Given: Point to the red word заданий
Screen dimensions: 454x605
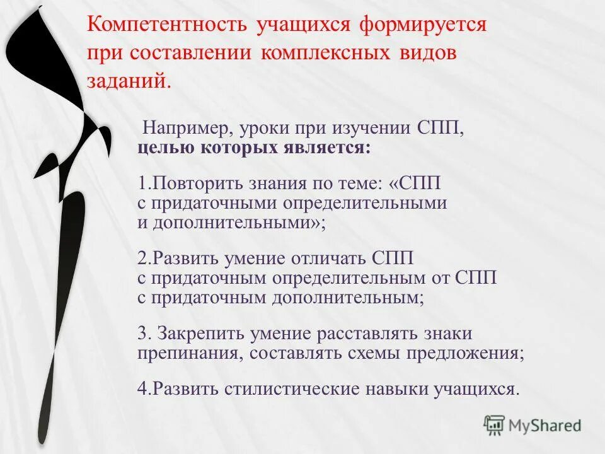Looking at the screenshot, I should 128,81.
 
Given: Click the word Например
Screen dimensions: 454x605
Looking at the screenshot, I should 185,129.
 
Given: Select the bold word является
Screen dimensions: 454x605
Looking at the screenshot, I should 326,149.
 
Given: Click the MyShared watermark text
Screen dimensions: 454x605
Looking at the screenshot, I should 546,426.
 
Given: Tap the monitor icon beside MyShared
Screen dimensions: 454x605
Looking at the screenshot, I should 495,425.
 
